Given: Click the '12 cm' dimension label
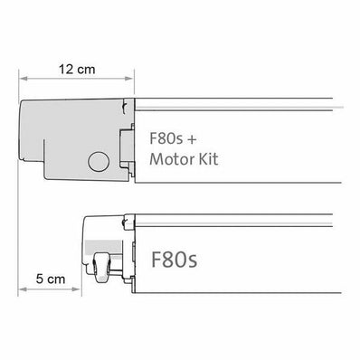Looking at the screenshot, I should [76, 69].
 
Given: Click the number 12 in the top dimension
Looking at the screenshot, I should [64, 69].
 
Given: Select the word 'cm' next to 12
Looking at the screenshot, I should [88, 69].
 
